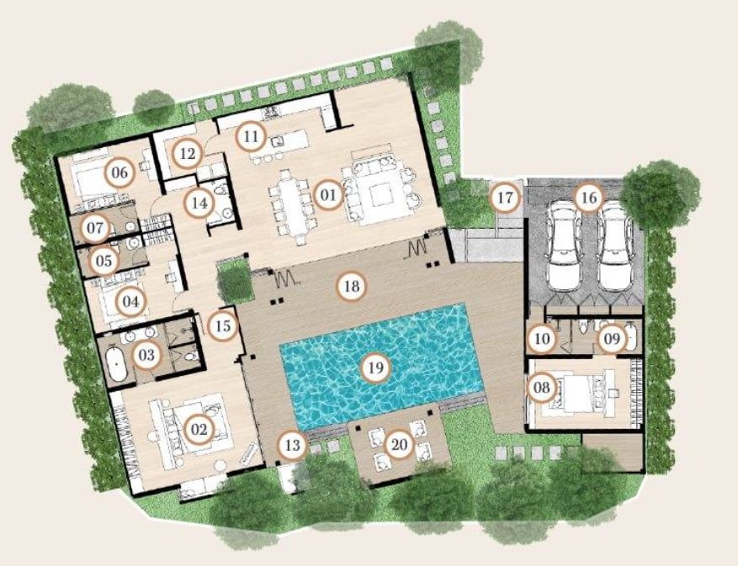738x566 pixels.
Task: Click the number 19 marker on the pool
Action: pos(375,368)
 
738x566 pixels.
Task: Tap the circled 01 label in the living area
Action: pos(328,194)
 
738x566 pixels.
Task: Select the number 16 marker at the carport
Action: pos(589,198)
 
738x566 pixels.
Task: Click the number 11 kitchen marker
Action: pos(251,136)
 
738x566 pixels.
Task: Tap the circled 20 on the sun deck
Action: pos(399,445)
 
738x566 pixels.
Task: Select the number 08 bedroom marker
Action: pos(542,388)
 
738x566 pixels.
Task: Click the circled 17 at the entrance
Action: pos(505,197)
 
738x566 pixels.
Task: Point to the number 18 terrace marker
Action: pos(352,286)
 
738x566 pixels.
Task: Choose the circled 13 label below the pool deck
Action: pos(293,445)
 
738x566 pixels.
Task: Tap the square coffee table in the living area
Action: pos(380,195)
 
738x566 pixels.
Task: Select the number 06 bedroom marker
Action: pos(119,172)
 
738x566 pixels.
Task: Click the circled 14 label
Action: pos(199,204)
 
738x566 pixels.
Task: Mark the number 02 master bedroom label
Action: pos(199,429)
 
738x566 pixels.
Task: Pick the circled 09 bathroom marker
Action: pos(612,338)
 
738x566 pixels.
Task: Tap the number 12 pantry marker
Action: pos(187,153)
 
